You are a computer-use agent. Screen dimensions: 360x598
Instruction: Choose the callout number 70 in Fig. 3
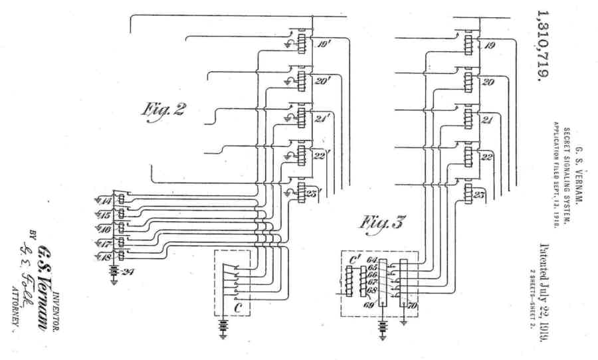point(411,306)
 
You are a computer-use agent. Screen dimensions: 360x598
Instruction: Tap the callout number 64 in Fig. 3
point(371,260)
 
